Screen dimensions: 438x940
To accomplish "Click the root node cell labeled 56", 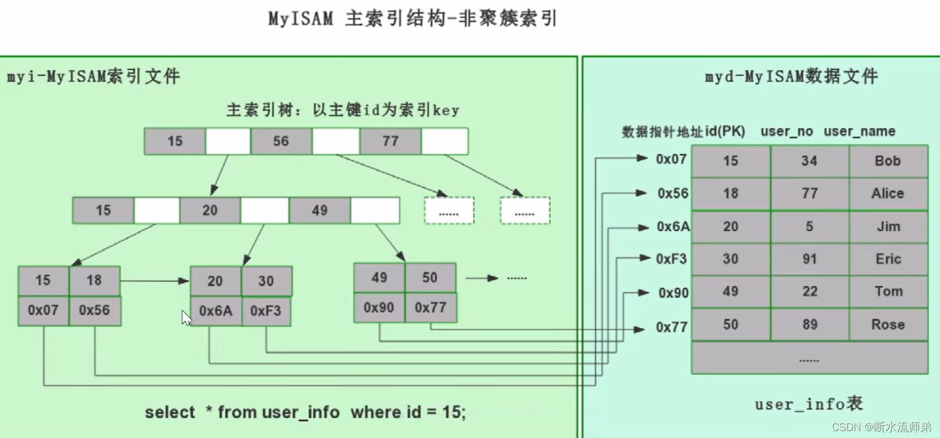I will click(x=281, y=141).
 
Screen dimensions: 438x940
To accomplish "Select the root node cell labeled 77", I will click(x=390, y=141).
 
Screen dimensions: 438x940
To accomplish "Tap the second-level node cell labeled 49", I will click(x=320, y=210).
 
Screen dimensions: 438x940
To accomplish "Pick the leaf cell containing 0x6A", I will click(x=216, y=311).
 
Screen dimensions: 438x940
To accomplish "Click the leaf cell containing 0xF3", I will click(x=266, y=311).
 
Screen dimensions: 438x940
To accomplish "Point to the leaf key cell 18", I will click(x=94, y=281).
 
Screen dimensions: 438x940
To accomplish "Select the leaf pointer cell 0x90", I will click(x=379, y=307).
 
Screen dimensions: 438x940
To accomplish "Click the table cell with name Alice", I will click(x=888, y=193).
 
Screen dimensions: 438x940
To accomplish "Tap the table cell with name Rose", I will click(x=888, y=324).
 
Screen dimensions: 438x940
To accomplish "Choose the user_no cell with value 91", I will click(x=809, y=259).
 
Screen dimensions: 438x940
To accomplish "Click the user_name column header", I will click(x=859, y=131).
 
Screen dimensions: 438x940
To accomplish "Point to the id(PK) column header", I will click(x=725, y=131).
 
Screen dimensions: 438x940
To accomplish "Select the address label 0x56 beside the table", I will click(x=673, y=193).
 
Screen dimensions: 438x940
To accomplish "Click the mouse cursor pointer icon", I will click(x=186, y=318).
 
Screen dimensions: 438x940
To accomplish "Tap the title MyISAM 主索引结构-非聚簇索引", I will click(x=412, y=19).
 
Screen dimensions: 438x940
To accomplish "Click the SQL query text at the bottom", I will click(x=305, y=412).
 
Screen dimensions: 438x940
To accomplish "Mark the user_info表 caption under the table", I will click(x=809, y=404).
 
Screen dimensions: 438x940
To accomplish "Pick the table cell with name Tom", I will click(x=888, y=291).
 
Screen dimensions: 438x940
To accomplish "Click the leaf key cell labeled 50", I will click(x=430, y=277).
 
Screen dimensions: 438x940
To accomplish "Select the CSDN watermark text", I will click(x=881, y=427).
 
